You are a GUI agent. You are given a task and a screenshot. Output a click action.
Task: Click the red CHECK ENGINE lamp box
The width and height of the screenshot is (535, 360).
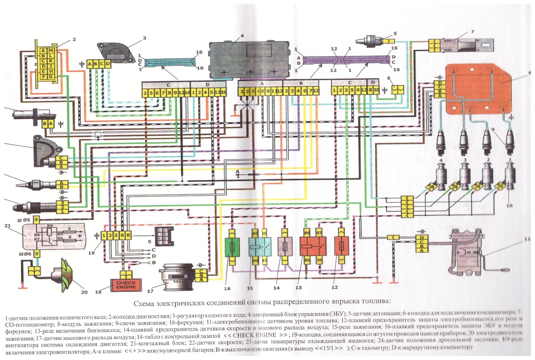(126, 285)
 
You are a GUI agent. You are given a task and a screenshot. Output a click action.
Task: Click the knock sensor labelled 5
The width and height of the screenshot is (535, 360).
(371, 39)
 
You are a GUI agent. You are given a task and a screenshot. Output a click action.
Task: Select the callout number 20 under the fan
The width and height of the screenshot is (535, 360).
(84, 292)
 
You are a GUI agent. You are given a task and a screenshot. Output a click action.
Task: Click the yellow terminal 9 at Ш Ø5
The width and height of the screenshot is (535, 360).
(36, 220)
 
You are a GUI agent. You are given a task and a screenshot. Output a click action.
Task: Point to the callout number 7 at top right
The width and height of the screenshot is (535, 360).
(472, 32)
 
